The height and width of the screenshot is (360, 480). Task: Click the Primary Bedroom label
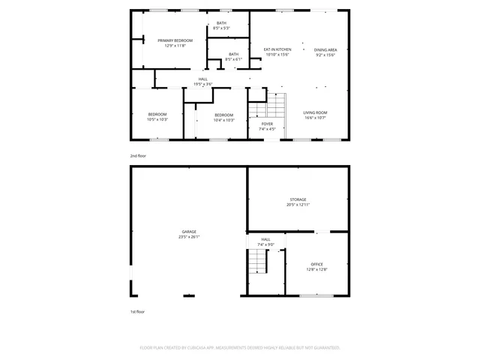(174, 40)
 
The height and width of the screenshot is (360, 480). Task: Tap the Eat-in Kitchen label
(277, 49)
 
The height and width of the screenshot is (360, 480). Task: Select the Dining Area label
(325, 49)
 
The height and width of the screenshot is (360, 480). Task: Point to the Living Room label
(315, 112)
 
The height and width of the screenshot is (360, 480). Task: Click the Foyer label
(267, 124)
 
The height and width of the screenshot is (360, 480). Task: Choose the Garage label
(189, 232)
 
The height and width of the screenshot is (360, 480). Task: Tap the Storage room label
(298, 199)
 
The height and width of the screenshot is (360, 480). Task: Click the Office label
(316, 264)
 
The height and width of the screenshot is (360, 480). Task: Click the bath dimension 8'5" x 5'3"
(221, 28)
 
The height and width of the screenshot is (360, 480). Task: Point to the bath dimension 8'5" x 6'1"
(233, 59)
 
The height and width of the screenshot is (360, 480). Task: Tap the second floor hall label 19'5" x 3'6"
(202, 84)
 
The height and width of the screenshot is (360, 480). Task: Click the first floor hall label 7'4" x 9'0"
(266, 244)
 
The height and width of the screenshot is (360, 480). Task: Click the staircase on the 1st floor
(259, 262)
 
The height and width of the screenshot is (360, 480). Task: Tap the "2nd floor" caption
(138, 155)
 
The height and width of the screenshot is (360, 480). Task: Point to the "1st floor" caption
(138, 311)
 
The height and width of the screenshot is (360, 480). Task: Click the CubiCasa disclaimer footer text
(240, 348)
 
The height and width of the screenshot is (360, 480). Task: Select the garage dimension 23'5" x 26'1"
(189, 237)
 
